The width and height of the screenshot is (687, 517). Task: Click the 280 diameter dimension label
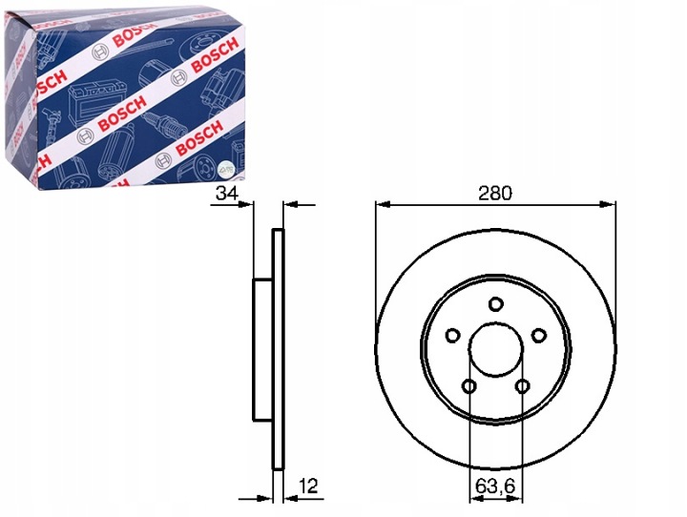495,193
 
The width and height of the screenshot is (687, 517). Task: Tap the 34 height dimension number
226,193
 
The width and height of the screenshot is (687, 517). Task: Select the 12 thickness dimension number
308,486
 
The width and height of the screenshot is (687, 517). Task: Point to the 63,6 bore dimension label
495,486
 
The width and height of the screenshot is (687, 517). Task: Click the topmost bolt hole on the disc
495,303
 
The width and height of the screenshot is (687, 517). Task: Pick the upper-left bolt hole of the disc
452,336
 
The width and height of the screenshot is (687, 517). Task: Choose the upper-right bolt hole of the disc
538,336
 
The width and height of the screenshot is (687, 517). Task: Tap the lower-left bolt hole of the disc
469,386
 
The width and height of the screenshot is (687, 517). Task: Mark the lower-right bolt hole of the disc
522,386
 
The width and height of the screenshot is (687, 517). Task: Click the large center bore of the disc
495,349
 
